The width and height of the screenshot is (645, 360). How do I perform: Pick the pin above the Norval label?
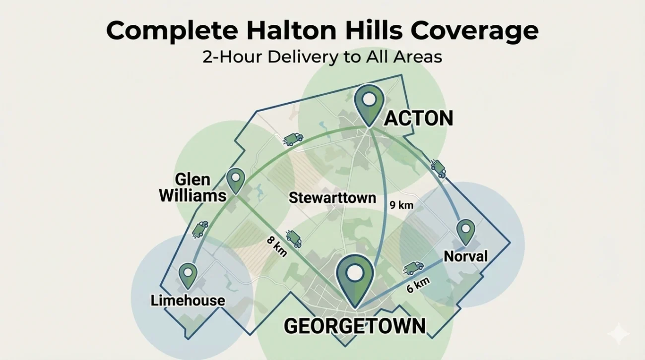tap(465, 231)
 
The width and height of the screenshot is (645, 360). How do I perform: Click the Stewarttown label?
tap(332, 198)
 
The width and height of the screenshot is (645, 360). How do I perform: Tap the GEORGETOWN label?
tap(355, 326)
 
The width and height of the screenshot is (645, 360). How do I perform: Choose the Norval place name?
tap(465, 256)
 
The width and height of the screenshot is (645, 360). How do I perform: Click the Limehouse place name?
tap(188, 300)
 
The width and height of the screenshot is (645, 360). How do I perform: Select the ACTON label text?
tap(419, 119)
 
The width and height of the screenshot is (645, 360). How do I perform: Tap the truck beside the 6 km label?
tap(413, 268)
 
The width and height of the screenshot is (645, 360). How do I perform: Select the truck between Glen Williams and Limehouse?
tap(199, 229)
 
